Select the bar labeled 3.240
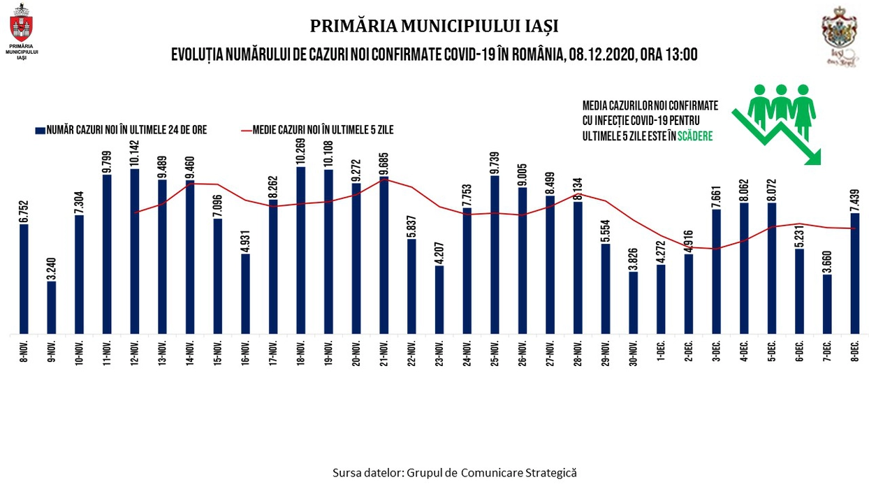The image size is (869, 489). [52, 307]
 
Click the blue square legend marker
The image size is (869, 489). [40, 130]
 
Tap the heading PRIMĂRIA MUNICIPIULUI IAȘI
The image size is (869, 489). [434, 26]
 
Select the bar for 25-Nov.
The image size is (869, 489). [495, 254]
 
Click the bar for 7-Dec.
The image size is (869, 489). [827, 304]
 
